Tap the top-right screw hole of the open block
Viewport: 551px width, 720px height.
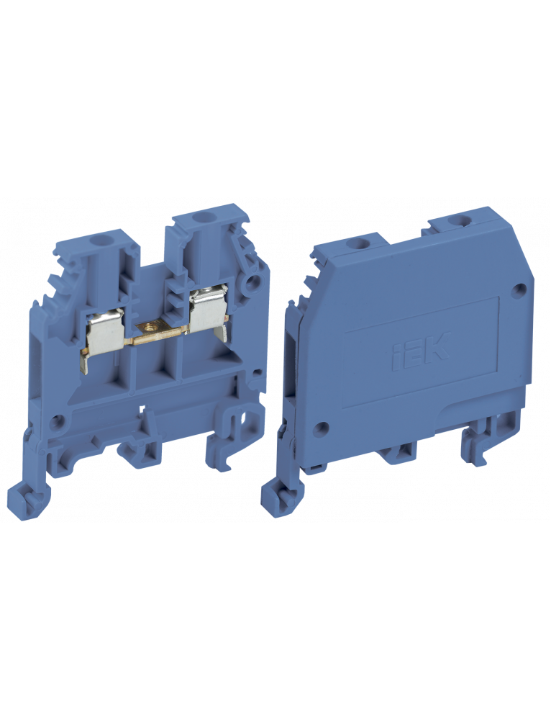pyautogui.click(x=199, y=216)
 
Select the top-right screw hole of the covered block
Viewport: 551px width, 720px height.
pyautogui.click(x=456, y=221)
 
